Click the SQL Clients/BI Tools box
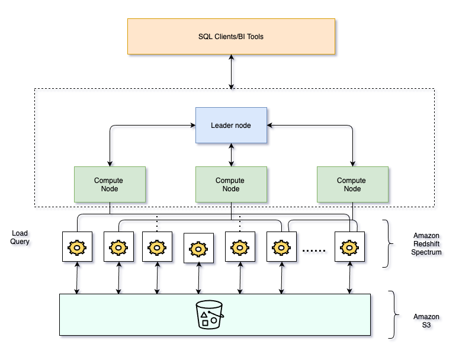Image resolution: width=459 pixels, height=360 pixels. (x=231, y=37)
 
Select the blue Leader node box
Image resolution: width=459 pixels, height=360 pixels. (x=231, y=125)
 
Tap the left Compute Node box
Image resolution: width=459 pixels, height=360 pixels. (x=110, y=184)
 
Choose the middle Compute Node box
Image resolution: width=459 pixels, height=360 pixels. (x=231, y=184)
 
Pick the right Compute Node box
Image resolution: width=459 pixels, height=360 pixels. (x=352, y=184)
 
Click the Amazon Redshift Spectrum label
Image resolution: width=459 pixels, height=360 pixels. (x=426, y=243)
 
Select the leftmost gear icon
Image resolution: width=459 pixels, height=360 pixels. (x=77, y=246)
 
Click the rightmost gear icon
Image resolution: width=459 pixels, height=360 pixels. (x=349, y=246)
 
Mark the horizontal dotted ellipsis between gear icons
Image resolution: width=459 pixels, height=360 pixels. (x=314, y=250)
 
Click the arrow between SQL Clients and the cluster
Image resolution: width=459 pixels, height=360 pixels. (x=231, y=72)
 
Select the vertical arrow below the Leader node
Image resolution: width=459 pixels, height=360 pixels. (x=231, y=155)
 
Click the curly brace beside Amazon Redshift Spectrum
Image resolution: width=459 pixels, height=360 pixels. (x=389, y=243)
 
